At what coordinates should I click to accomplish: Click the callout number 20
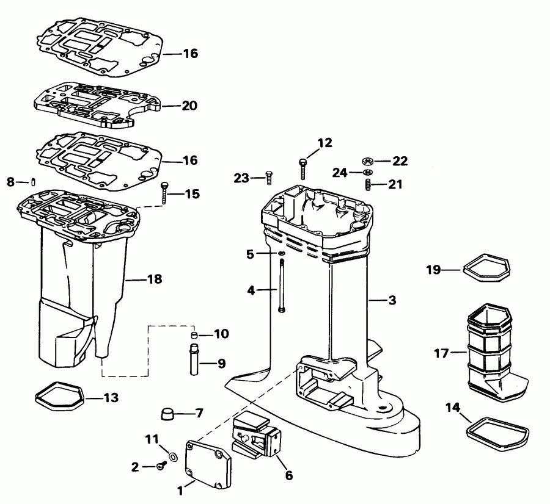click(x=189, y=106)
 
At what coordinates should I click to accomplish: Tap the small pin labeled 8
click(x=33, y=182)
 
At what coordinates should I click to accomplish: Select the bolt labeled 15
click(x=164, y=193)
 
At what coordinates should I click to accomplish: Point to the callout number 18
click(x=155, y=279)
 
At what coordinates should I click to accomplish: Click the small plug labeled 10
click(x=194, y=335)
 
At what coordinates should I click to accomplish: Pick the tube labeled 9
click(x=194, y=359)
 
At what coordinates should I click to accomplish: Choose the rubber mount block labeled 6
click(x=257, y=432)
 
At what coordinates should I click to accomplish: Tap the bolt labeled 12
click(x=303, y=169)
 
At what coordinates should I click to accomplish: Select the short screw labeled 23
click(x=269, y=178)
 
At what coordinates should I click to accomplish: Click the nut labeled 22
click(x=367, y=162)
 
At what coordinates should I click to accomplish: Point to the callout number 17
click(x=441, y=353)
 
